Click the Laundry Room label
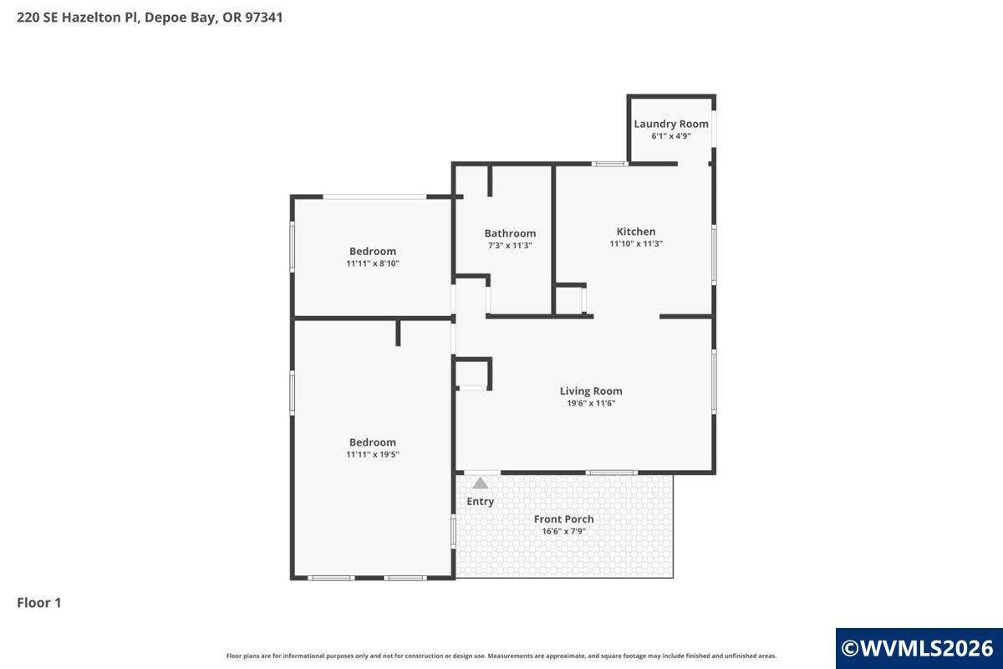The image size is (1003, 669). (x=670, y=124)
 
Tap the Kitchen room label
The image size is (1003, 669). (x=636, y=232)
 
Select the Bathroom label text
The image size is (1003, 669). (x=510, y=233)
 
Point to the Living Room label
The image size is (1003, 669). (x=591, y=391)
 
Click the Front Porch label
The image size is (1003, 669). (x=563, y=518)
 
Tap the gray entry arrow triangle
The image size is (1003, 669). (x=480, y=483)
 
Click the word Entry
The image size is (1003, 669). (x=480, y=502)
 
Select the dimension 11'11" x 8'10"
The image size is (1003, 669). (x=373, y=263)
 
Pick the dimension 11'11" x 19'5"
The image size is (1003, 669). (x=373, y=454)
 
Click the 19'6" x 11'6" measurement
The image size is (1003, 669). (x=591, y=403)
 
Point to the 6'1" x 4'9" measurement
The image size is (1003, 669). (x=670, y=135)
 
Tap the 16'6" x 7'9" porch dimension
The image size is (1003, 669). (x=563, y=531)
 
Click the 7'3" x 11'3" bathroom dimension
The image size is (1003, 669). (x=510, y=246)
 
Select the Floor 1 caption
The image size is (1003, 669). (x=39, y=603)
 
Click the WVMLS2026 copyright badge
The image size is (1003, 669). (x=919, y=648)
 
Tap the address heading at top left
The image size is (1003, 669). (x=150, y=18)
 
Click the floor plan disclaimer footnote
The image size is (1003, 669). (x=501, y=656)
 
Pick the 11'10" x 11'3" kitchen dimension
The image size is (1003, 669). (x=636, y=243)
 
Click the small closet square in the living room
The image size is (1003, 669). (x=471, y=374)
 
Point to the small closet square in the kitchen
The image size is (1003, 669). (x=568, y=299)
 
